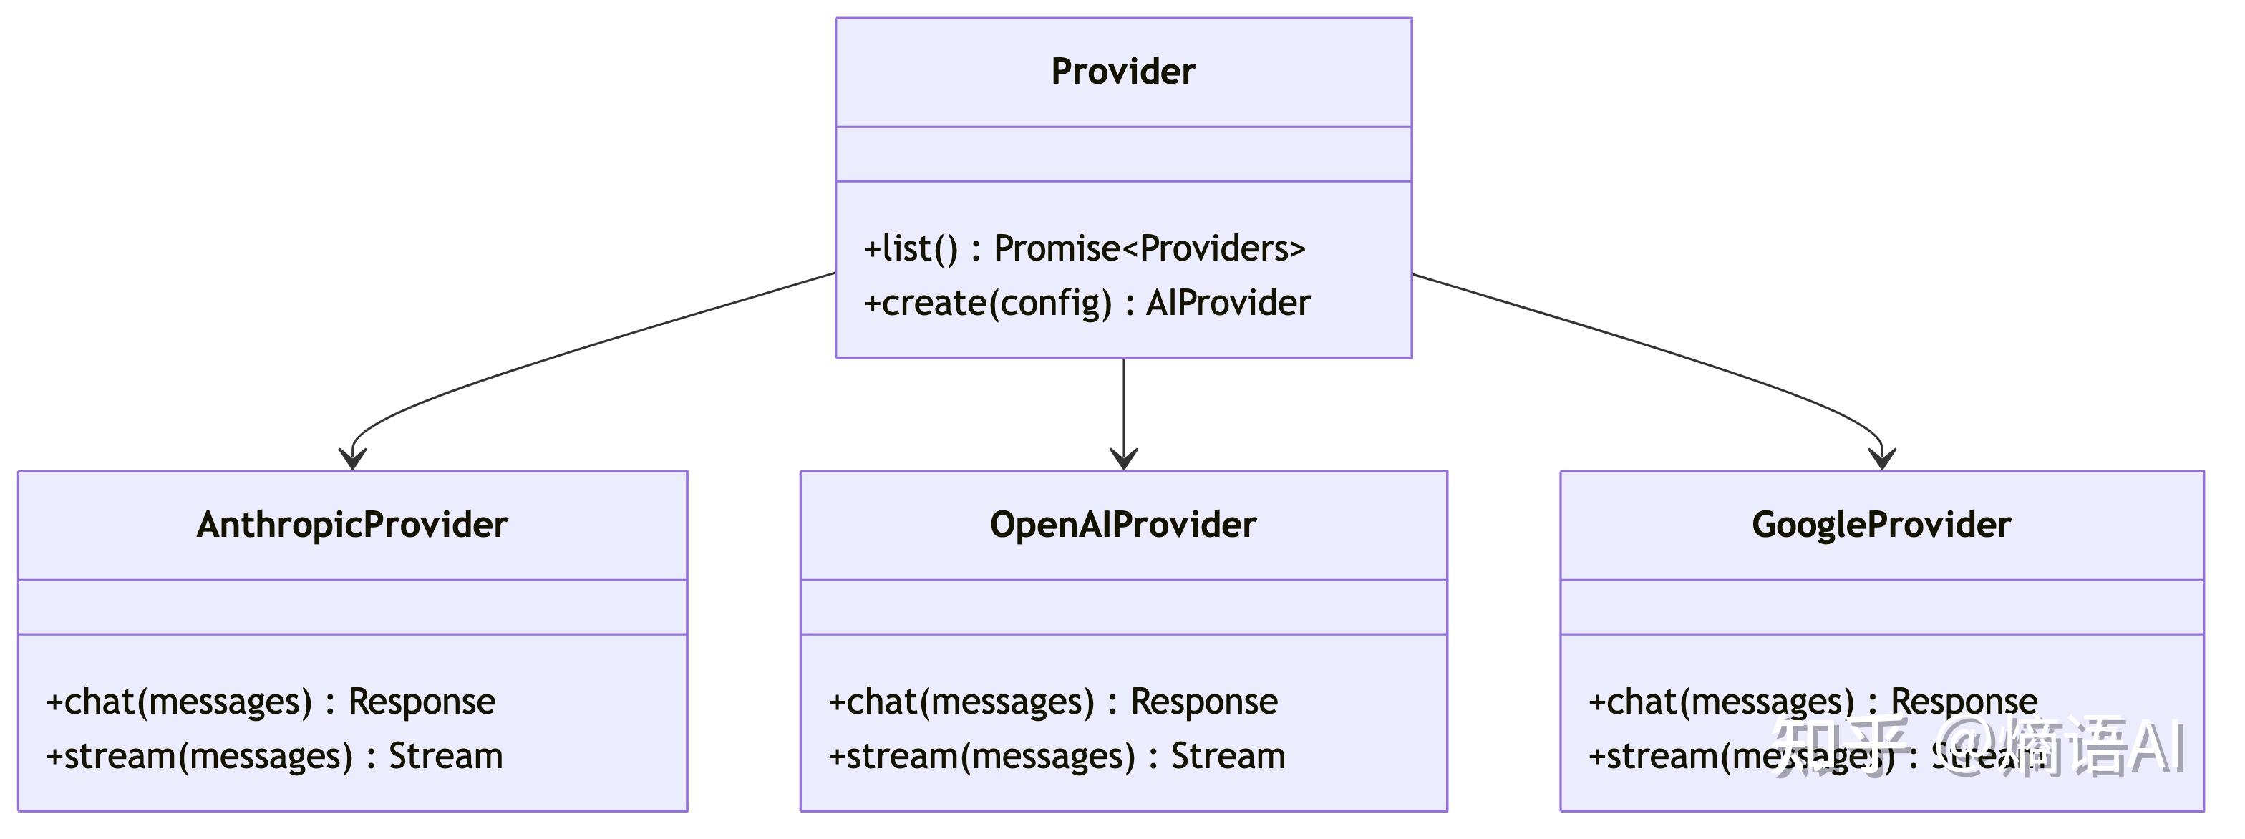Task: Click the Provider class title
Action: point(1122,72)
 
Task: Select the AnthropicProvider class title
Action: point(352,525)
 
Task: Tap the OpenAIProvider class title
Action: point(1122,525)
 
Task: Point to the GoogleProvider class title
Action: point(1881,525)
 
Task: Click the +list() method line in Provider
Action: point(1084,249)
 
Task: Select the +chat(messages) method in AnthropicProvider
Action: point(270,702)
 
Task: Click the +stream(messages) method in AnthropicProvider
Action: point(273,756)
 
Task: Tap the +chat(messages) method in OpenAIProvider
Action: point(1053,702)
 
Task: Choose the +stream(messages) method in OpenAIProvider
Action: point(1056,756)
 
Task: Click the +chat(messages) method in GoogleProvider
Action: point(1813,702)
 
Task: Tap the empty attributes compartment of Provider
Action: point(1122,154)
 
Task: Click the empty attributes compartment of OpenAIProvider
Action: point(1122,607)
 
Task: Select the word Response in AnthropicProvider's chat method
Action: point(422,702)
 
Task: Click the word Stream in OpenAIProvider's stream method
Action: point(1227,756)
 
